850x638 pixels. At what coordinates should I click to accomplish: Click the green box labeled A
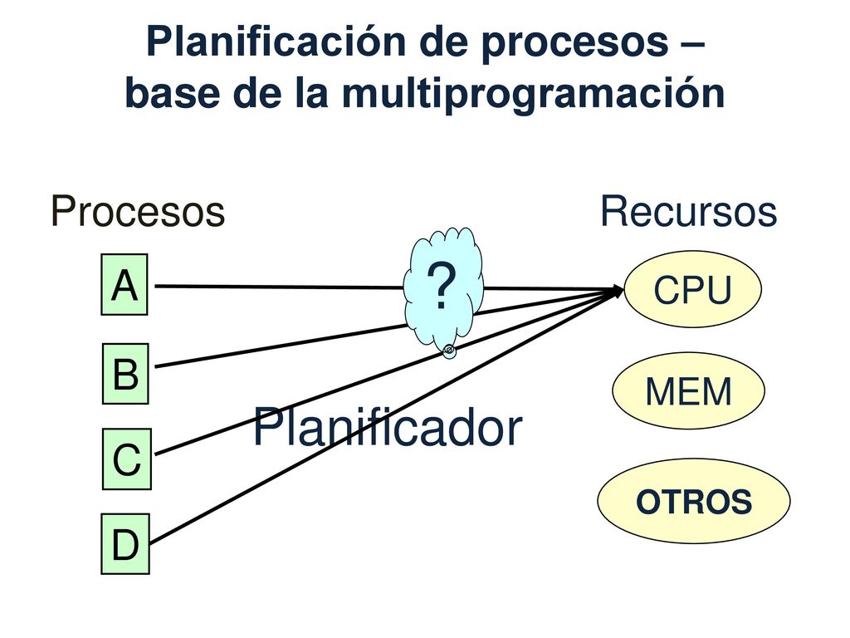[x=125, y=284]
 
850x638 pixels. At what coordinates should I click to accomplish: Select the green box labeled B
[x=126, y=374]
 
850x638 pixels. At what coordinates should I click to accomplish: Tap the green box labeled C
[x=127, y=459]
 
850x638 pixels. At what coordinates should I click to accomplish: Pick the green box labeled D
[x=125, y=544]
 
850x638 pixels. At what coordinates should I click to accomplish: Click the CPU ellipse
[x=693, y=289]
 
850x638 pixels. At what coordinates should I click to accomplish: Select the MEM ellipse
[x=688, y=390]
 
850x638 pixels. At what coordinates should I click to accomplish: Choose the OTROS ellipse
[x=694, y=501]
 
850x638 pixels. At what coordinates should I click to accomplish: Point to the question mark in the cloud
[x=442, y=286]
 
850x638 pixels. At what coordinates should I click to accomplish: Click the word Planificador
[x=388, y=428]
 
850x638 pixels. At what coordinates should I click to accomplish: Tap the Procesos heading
[x=138, y=211]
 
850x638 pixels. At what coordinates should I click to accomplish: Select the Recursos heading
[x=688, y=211]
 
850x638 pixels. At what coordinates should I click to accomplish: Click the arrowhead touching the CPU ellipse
[x=617, y=291]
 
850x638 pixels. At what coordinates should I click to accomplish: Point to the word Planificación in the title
[x=276, y=42]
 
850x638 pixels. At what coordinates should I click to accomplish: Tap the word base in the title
[x=173, y=93]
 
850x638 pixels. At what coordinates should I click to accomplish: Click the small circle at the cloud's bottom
[x=449, y=351]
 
